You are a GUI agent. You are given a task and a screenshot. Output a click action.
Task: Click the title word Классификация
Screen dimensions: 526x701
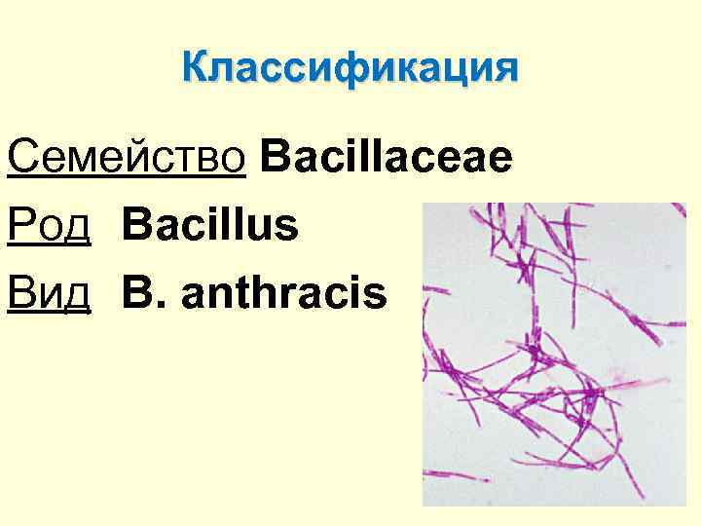coord(350,69)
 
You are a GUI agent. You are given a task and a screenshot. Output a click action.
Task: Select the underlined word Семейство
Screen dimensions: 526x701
coord(125,158)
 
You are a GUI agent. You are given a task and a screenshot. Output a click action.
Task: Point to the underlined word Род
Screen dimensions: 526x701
coord(49,226)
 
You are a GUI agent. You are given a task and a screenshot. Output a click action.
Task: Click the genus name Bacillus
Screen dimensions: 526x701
coord(210,225)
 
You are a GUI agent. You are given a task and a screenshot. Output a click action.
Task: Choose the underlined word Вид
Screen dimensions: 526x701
coord(49,292)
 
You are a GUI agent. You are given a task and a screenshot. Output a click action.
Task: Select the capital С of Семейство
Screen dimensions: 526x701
coord(21,158)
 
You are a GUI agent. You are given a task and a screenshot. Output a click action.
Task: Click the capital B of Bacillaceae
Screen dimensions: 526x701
coord(275,158)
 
